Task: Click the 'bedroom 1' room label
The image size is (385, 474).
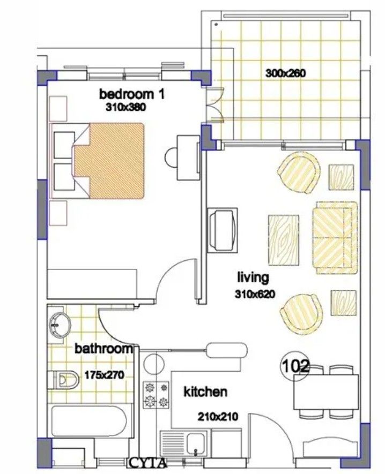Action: pyautogui.click(x=131, y=94)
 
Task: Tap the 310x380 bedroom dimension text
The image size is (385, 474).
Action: pyautogui.click(x=127, y=107)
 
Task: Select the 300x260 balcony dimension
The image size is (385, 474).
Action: pyautogui.click(x=285, y=73)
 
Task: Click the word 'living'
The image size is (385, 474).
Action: pyautogui.click(x=253, y=277)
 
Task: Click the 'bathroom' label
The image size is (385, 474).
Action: pyautogui.click(x=103, y=349)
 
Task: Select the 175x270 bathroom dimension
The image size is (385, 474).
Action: pyautogui.click(x=105, y=375)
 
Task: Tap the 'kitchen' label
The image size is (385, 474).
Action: pyautogui.click(x=205, y=392)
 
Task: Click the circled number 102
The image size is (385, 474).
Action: pyautogui.click(x=295, y=367)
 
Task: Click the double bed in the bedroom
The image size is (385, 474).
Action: pyautogui.click(x=109, y=159)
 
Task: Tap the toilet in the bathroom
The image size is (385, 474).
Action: pyautogui.click(x=64, y=380)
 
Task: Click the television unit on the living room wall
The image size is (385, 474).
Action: pyautogui.click(x=222, y=230)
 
